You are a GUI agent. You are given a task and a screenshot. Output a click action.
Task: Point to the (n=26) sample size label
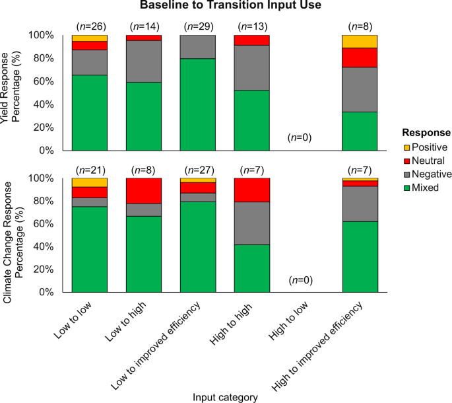tap(90, 26)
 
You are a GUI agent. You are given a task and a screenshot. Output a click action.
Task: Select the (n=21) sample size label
tap(90, 170)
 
